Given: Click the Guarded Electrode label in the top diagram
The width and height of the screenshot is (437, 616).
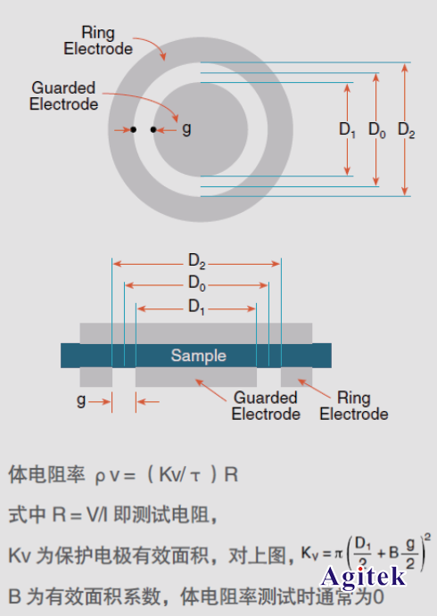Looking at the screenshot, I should click(63, 96).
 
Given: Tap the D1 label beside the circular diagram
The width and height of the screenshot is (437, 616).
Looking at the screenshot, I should click(348, 130).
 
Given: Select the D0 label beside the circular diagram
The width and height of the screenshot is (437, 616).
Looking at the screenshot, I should click(377, 130).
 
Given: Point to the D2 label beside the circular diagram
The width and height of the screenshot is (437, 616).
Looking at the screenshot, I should click(407, 130).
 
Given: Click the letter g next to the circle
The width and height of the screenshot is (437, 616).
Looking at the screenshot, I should click(186, 129).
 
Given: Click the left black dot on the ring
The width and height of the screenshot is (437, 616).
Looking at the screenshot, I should click(133, 130).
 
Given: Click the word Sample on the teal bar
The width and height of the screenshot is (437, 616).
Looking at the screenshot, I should click(198, 355).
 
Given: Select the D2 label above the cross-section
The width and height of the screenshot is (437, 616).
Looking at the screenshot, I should click(196, 261).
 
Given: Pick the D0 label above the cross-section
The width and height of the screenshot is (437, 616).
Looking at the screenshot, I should click(196, 283).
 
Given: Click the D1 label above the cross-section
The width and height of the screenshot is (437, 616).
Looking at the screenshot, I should click(196, 307).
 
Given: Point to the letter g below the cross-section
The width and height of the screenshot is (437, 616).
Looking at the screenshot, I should click(81, 400).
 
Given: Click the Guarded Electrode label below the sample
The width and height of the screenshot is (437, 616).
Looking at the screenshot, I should click(266, 406).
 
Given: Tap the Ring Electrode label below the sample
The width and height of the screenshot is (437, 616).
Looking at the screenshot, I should click(354, 406).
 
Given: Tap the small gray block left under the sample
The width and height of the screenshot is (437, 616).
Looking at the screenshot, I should click(96, 376).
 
